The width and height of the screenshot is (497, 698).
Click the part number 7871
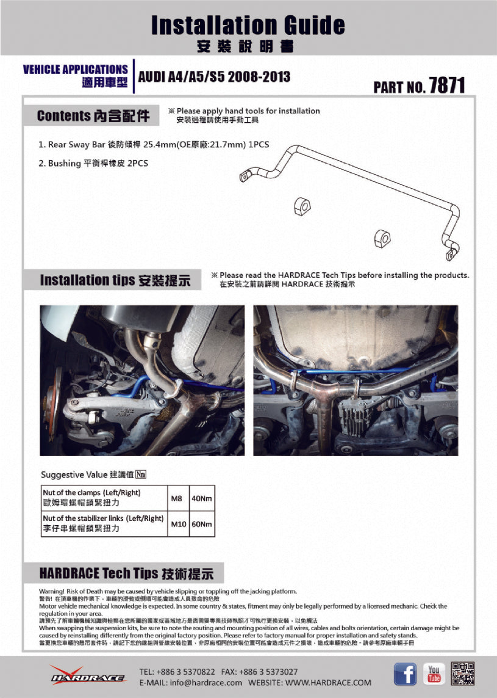coord(446,85)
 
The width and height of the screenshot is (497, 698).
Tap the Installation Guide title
coord(248,25)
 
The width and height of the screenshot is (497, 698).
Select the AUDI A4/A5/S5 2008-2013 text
coord(214,77)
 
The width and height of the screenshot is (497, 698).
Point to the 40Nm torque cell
coord(202,498)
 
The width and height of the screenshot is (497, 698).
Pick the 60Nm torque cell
coord(202,524)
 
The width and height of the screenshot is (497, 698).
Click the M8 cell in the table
coord(177,498)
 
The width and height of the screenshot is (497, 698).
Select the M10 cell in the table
coord(178,524)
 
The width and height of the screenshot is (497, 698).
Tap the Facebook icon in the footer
coord(405,674)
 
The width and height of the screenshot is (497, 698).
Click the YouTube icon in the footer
coord(434,674)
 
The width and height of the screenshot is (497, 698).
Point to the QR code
coord(463,674)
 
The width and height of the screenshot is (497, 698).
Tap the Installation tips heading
coord(115,280)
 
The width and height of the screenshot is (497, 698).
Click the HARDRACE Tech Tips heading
coord(126,573)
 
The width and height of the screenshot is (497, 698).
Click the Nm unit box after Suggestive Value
coord(141,474)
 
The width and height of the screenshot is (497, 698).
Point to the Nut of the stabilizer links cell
coord(104,523)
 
